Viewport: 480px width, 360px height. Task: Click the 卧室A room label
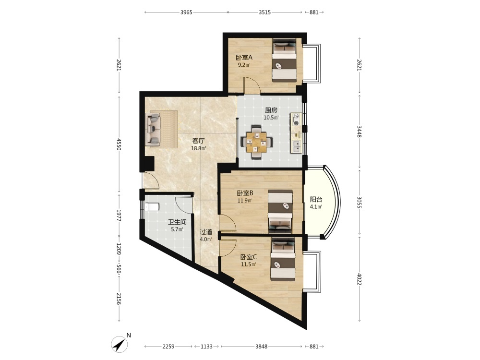[x=244, y=58]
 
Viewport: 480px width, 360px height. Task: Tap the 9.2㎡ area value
[x=244, y=65]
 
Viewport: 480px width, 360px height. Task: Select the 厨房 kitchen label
[x=271, y=110]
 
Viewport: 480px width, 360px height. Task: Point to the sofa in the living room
[x=153, y=129]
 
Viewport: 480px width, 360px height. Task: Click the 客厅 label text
[x=198, y=141]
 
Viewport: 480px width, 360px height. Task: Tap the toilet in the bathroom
[x=152, y=207]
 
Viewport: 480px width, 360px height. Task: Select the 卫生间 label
[x=177, y=222]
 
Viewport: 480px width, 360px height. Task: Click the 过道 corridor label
[x=206, y=232]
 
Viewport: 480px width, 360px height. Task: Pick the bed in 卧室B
[x=280, y=211]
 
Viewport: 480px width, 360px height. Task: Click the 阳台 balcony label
[x=316, y=199]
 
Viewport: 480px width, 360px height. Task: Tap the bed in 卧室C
[x=283, y=259]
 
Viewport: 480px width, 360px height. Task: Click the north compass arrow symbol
[x=120, y=344]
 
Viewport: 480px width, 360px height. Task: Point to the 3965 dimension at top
[x=186, y=12]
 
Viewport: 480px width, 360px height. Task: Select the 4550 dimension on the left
[x=119, y=144]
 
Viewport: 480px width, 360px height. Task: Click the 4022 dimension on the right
[x=360, y=279]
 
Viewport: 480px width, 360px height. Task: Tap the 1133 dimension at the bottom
[x=206, y=347]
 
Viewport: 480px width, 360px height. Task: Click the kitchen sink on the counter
[x=296, y=146]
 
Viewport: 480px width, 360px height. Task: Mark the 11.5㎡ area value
[x=248, y=264]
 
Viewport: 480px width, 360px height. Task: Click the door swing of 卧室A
[x=252, y=85]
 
